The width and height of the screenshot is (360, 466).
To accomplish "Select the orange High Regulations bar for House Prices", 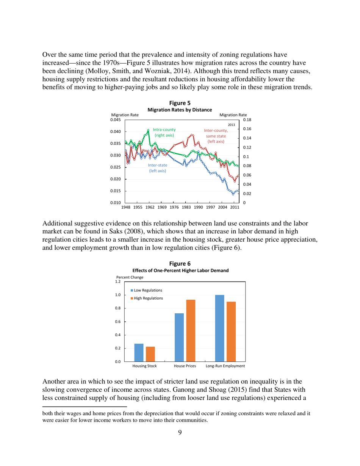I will click(190, 330).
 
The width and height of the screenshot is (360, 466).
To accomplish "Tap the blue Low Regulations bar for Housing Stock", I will click(139, 352).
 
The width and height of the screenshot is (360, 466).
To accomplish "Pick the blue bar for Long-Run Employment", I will click(219, 328).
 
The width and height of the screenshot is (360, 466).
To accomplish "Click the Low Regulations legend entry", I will click(147, 290).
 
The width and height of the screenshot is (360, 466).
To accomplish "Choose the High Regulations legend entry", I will click(147, 298).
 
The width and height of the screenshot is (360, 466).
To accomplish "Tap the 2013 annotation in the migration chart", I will click(232, 124).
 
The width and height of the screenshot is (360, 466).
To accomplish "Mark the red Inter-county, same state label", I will click(214, 136).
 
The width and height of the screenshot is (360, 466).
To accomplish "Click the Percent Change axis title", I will click(130, 277).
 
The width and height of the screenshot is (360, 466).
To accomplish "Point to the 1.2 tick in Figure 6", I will click(117, 282).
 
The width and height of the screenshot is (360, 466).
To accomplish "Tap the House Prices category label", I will click(185, 366).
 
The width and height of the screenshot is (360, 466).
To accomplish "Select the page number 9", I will click(180, 433).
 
